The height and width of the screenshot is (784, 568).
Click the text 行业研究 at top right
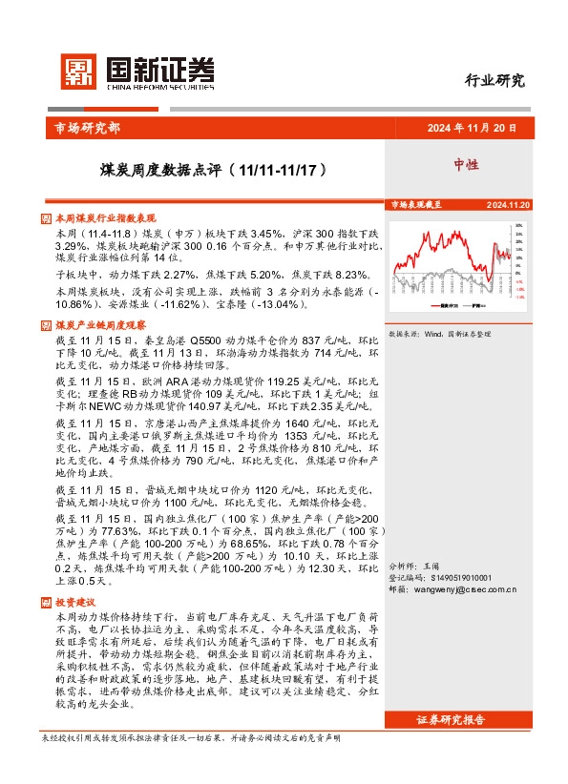(x=494, y=80)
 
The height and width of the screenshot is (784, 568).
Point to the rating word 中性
(x=466, y=165)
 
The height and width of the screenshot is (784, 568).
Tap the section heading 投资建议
(x=75, y=603)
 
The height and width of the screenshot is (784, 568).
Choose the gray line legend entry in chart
(x=473, y=307)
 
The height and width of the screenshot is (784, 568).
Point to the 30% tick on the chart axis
(x=519, y=226)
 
